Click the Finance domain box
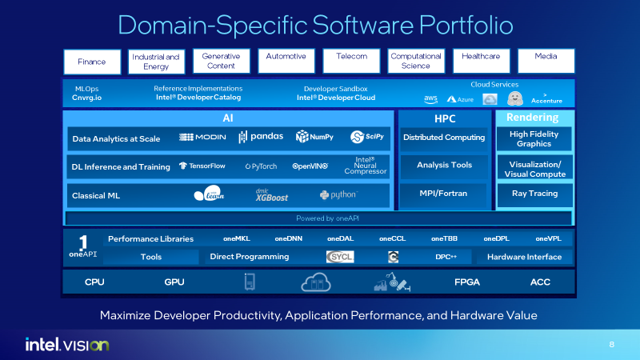(x=91, y=62)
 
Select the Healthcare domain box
(x=481, y=61)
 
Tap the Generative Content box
(x=221, y=61)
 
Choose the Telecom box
(x=351, y=61)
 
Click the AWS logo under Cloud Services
(x=431, y=99)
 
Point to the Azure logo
(x=462, y=99)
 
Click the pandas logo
(x=261, y=137)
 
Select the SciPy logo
(x=368, y=138)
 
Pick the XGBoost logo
(x=272, y=194)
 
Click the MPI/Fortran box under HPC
(x=444, y=194)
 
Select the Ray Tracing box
(x=534, y=194)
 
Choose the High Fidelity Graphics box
(x=534, y=139)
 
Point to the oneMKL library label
(x=238, y=238)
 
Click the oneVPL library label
(x=549, y=238)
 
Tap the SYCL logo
(x=340, y=257)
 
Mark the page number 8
(x=612, y=345)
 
